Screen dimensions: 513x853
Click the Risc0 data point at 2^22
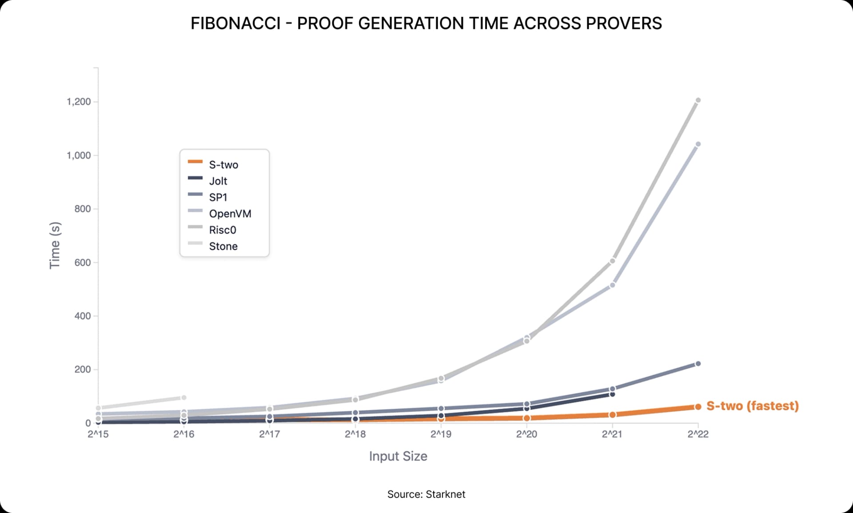click(698, 100)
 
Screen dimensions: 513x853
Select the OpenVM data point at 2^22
click(698, 144)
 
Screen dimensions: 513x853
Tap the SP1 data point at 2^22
click(698, 364)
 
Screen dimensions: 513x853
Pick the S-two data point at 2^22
click(698, 407)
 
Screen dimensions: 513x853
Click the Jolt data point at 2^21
click(612, 394)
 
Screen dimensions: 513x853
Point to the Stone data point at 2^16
click(184, 398)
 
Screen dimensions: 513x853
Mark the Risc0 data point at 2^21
click(612, 261)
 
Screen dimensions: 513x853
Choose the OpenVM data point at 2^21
click(612, 285)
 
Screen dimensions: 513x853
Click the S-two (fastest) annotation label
click(753, 406)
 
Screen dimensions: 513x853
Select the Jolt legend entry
click(218, 181)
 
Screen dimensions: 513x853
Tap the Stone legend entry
click(223, 247)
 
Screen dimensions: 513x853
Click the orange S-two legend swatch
click(195, 162)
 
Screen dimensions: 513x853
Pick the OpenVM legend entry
click(230, 214)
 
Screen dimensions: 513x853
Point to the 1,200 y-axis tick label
click(79, 102)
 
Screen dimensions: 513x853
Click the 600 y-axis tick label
click(83, 262)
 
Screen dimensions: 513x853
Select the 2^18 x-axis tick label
click(355, 434)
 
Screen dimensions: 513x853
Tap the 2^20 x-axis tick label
click(526, 434)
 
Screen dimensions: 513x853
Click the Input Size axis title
click(398, 456)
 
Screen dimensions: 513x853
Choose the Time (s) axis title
click(55, 245)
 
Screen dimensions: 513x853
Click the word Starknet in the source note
click(446, 494)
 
